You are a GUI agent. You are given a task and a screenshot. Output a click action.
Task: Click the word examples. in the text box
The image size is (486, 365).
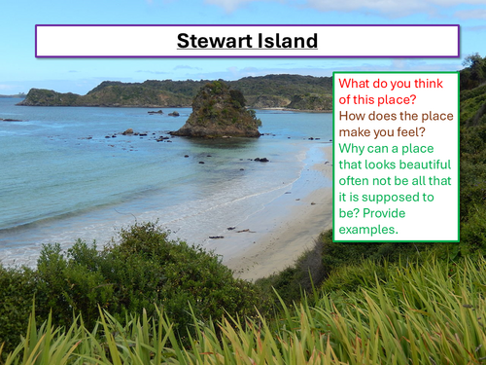371,231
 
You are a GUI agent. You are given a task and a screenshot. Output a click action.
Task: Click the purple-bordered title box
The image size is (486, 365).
247,41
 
